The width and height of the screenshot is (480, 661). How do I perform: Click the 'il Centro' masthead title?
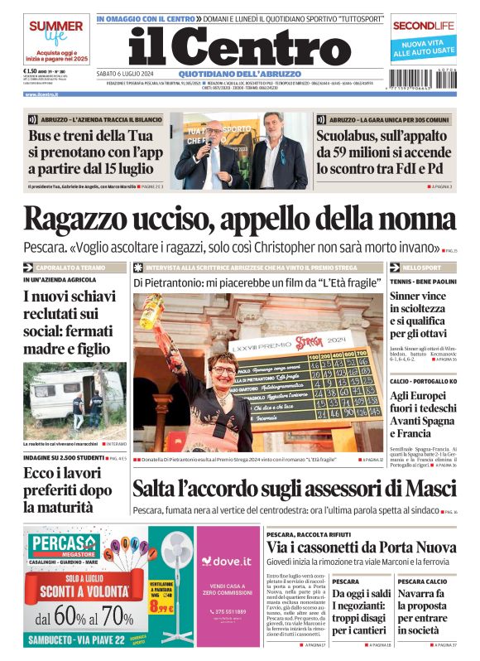(240, 48)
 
